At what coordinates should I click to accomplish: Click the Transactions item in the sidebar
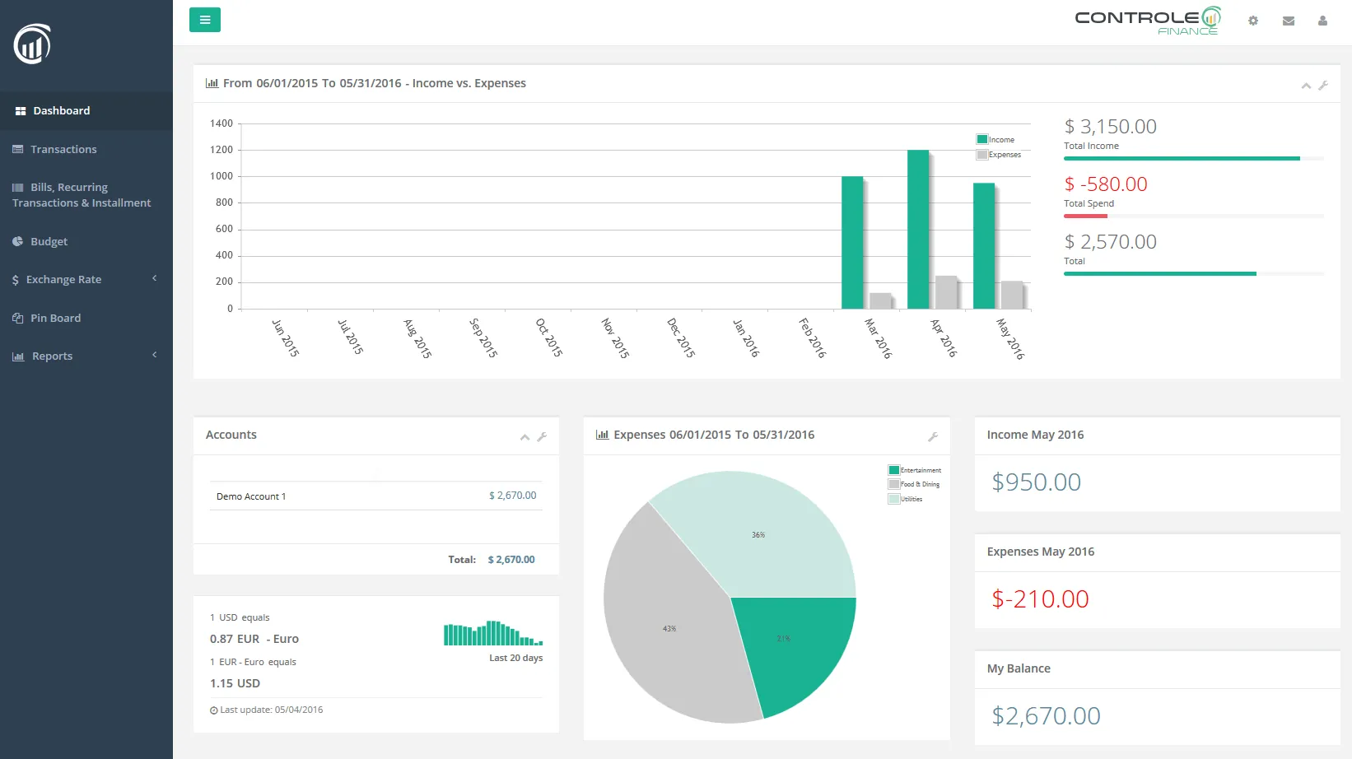(x=63, y=149)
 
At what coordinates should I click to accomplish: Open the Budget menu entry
(x=49, y=241)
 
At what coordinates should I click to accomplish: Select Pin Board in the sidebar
(x=55, y=318)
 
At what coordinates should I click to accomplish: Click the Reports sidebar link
(x=52, y=356)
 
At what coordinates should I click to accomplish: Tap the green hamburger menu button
(x=205, y=20)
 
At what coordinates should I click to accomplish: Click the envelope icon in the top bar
(x=1289, y=21)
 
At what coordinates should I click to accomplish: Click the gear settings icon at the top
(x=1253, y=21)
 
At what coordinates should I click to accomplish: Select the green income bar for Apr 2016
(x=918, y=230)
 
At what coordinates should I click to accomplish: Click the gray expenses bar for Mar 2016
(x=880, y=300)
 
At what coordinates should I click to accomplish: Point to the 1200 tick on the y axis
(x=221, y=150)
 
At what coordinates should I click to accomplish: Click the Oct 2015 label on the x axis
(x=548, y=338)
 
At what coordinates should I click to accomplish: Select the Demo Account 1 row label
(x=251, y=496)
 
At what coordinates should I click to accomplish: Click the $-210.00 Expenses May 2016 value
(x=1040, y=599)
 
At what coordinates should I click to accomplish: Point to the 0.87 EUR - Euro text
(x=254, y=639)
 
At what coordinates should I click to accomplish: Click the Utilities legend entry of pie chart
(x=911, y=499)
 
